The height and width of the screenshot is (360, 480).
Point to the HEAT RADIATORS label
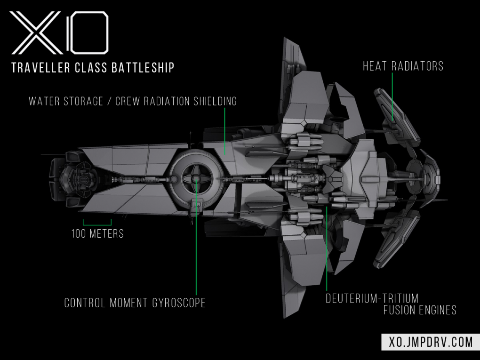pyautogui.click(x=403, y=66)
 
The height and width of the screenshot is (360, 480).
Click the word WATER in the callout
pyautogui.click(x=45, y=101)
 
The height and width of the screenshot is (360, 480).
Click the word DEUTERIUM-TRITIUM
pyautogui.click(x=372, y=298)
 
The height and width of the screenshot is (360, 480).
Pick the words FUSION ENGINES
pyautogui.click(x=419, y=310)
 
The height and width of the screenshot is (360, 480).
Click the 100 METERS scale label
pyautogui.click(x=97, y=233)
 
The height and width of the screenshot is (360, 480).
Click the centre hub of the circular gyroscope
pyautogui.click(x=195, y=179)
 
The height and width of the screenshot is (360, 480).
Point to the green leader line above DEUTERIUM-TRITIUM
pyautogui.click(x=327, y=249)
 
